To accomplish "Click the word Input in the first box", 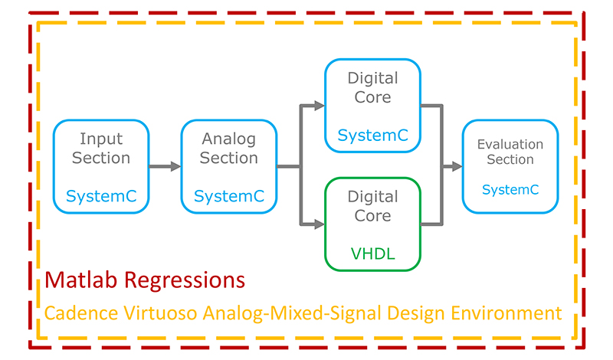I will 101,139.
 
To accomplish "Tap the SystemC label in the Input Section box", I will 101,196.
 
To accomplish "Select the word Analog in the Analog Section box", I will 229,139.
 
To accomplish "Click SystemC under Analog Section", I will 229,196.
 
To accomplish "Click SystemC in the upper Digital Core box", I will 372,136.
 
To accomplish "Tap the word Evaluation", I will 510,144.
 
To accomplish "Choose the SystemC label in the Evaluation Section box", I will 510,189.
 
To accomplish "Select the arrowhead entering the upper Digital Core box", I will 319,106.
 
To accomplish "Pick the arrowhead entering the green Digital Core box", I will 319,224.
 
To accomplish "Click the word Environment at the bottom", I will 505,313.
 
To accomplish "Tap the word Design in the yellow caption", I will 415,313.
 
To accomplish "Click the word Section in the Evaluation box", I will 510,159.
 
